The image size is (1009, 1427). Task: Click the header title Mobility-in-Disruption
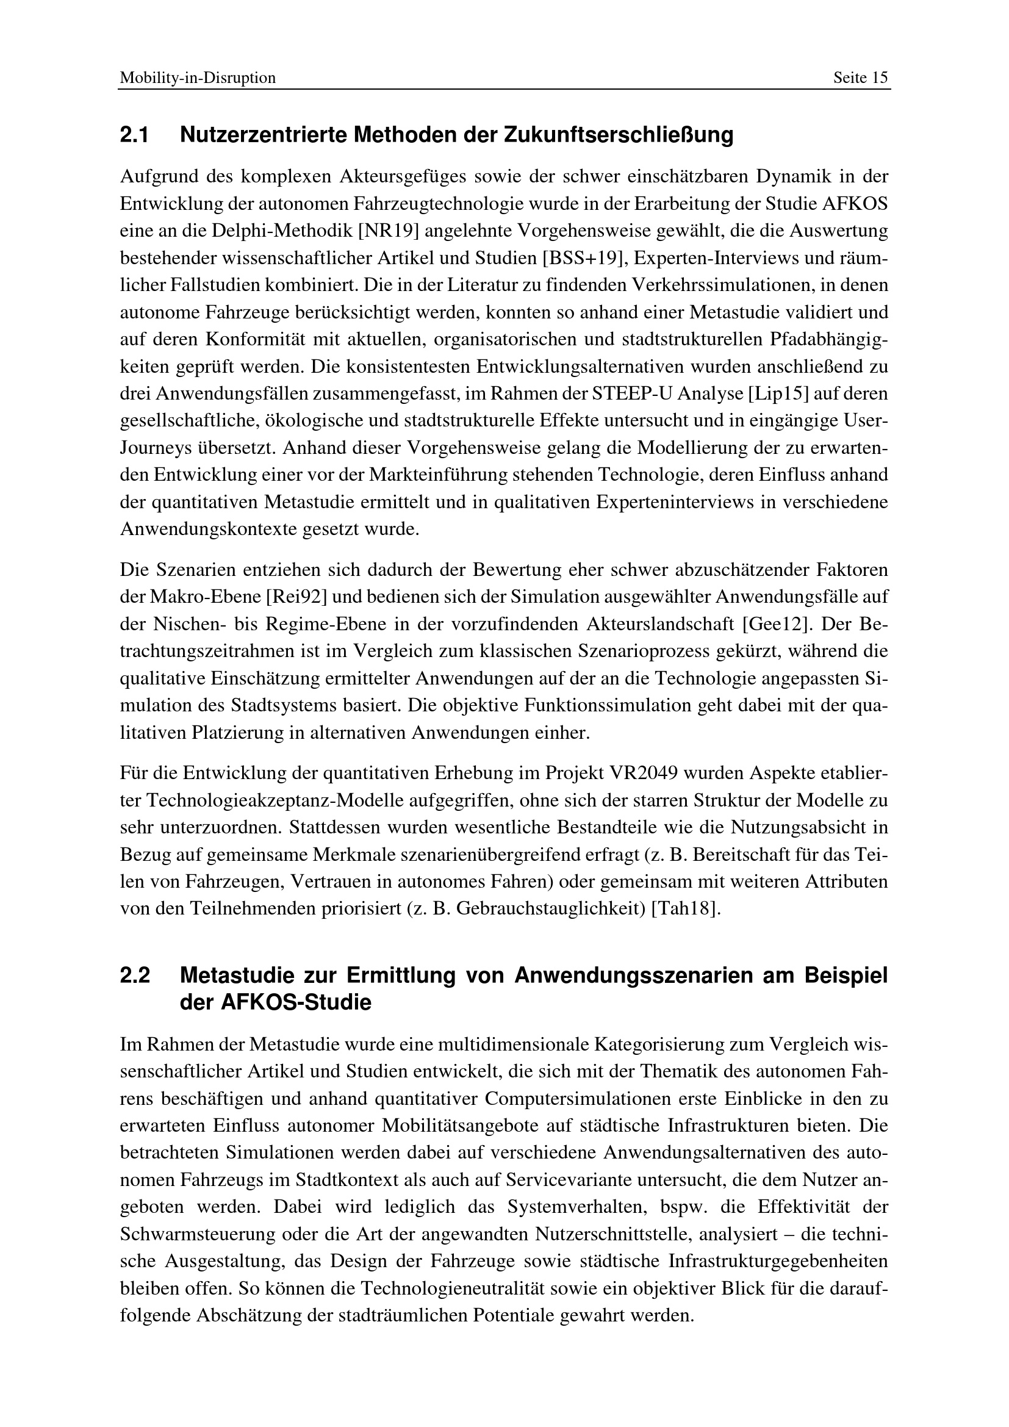click(x=198, y=78)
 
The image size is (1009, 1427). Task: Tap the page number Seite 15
click(x=861, y=78)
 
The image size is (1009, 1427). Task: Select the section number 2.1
click(x=134, y=135)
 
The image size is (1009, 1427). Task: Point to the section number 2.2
click(x=134, y=976)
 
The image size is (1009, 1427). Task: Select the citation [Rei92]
click(x=296, y=597)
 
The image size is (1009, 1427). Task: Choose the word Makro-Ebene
click(x=204, y=597)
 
